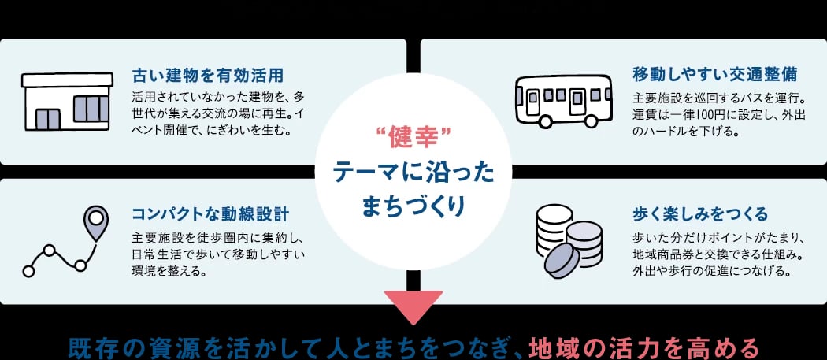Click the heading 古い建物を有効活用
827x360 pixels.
tap(208, 76)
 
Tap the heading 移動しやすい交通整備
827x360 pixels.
tap(714, 76)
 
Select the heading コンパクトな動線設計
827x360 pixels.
tap(210, 214)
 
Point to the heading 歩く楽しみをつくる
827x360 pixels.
tap(699, 214)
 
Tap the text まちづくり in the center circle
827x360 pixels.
tap(414, 206)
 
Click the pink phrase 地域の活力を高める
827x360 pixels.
tap(643, 347)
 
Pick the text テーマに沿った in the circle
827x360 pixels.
tap(414, 172)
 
